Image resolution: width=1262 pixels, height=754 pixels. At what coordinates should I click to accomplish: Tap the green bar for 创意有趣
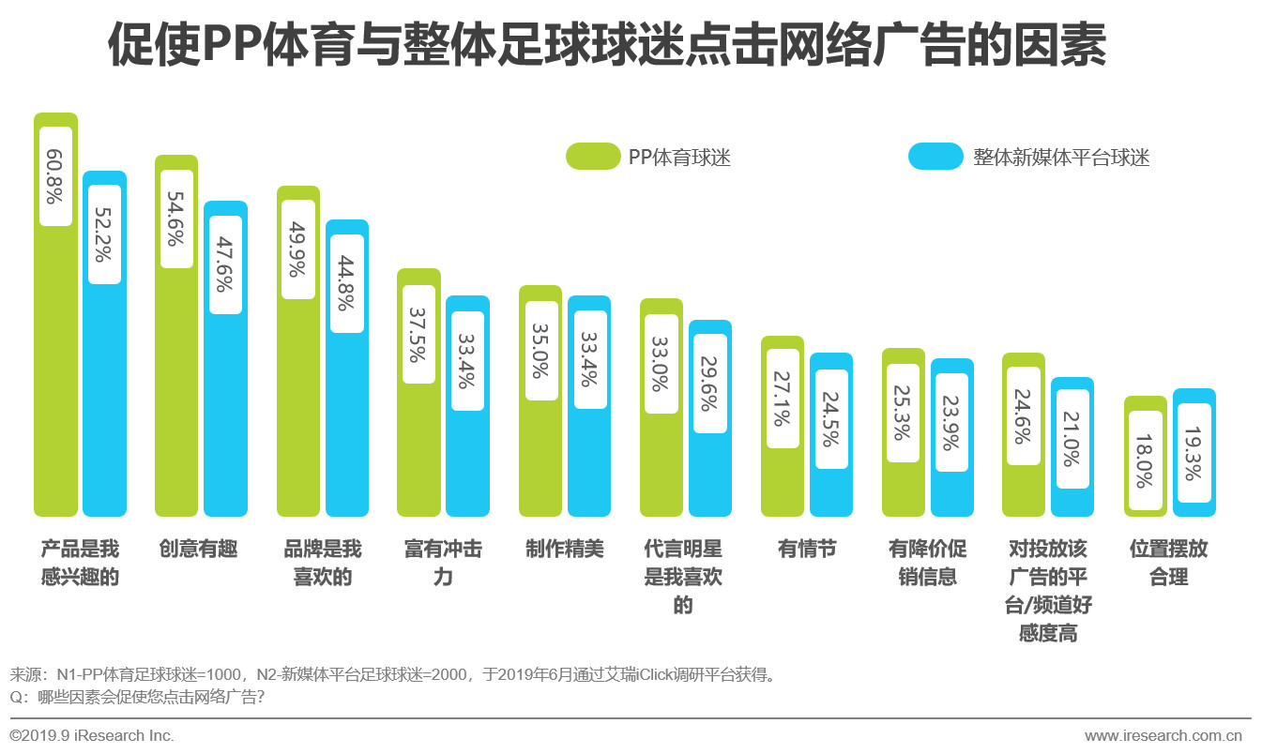tap(176, 394)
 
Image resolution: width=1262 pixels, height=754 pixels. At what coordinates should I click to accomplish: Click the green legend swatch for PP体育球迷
tap(593, 157)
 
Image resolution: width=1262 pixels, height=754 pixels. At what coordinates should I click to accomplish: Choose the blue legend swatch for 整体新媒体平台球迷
tap(935, 157)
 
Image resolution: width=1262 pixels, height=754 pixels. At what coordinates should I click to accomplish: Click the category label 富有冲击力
tap(443, 563)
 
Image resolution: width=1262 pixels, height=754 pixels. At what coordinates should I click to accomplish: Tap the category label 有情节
tap(807, 549)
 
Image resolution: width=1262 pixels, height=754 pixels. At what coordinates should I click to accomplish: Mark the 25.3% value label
tap(903, 413)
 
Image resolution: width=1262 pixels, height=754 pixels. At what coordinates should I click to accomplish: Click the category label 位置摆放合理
tap(1169, 563)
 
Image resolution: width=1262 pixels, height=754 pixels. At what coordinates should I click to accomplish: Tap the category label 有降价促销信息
tap(928, 563)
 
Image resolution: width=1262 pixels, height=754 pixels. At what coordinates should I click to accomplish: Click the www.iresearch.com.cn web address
tap(1163, 736)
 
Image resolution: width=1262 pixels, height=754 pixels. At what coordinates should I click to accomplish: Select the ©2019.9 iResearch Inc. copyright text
tap(92, 736)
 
